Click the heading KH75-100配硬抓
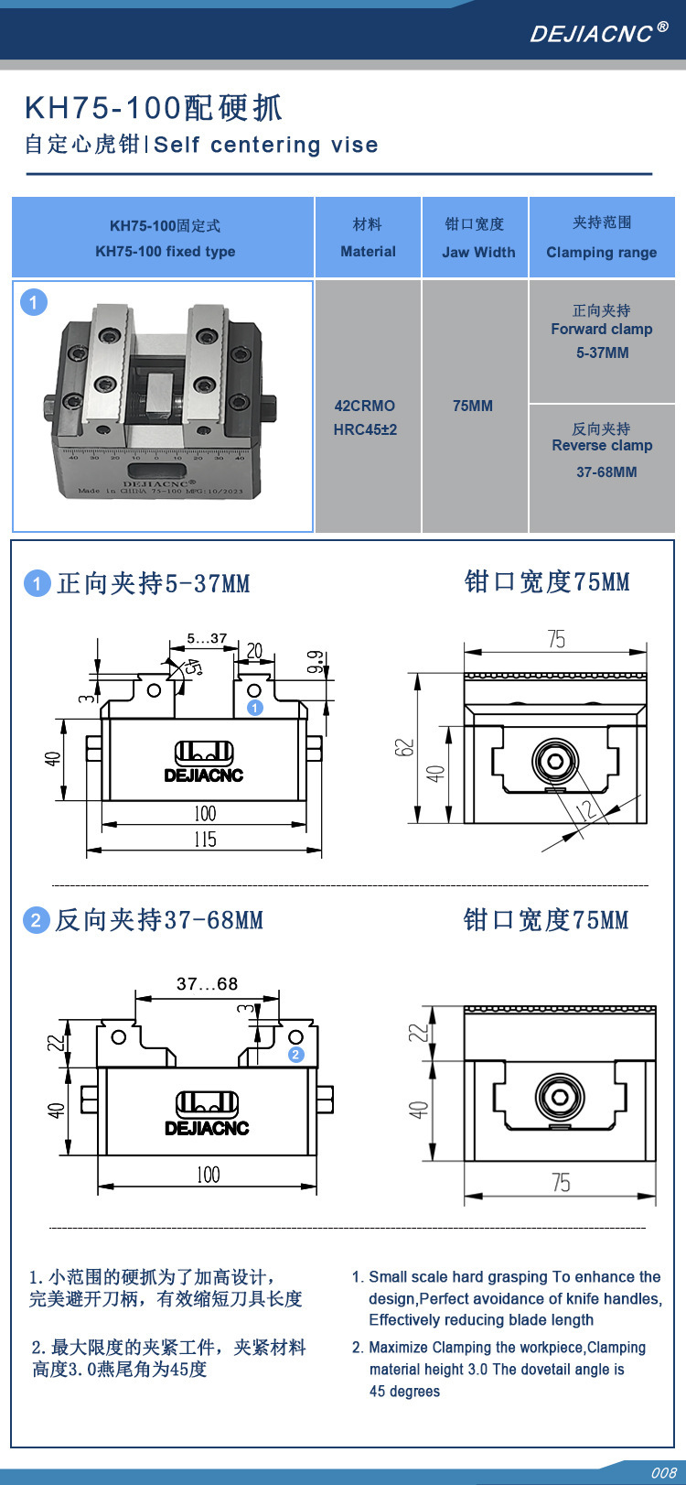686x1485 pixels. [x=154, y=108]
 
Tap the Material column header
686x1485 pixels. [x=368, y=238]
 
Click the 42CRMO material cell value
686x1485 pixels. [x=365, y=406]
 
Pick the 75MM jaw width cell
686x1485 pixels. [x=473, y=406]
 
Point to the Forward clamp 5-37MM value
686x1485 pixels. [x=602, y=352]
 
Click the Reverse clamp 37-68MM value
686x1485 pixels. [x=606, y=472]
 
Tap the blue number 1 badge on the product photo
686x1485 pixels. [x=34, y=302]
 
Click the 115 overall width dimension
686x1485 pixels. [x=205, y=839]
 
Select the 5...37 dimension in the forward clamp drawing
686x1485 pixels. [x=207, y=638]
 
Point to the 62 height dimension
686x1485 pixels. [x=405, y=747]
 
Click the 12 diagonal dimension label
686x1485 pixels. [x=585, y=808]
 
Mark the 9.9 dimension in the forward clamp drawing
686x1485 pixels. [x=315, y=662]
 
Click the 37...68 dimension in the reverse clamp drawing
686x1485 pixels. [x=207, y=984]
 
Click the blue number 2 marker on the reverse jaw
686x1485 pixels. [x=295, y=1055]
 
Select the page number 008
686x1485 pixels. [x=663, y=1472]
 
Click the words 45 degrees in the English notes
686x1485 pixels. [x=404, y=1392]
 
